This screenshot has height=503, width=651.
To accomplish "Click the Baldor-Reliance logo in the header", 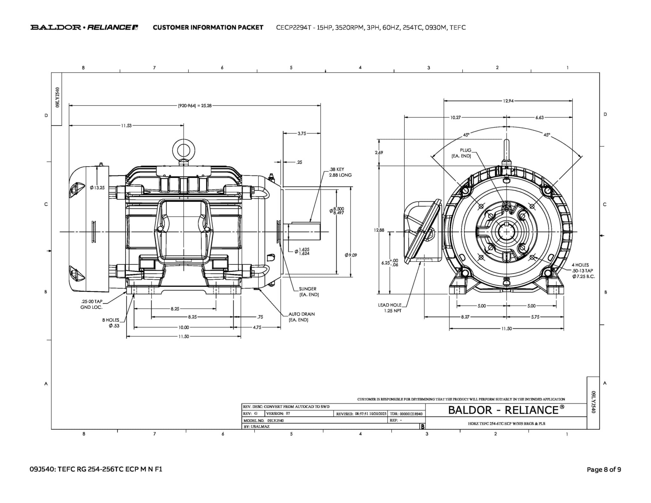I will [x=84, y=27].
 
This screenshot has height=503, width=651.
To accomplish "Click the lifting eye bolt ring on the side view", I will [x=183, y=150].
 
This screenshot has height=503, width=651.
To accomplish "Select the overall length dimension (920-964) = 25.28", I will [x=195, y=106].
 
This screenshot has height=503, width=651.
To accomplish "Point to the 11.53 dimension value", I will [x=126, y=126].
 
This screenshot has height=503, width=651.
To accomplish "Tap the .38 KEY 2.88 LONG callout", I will [x=340, y=172].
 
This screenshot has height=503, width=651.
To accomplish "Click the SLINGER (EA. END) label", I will [x=308, y=292].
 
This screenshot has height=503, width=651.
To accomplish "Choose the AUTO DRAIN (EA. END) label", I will [x=301, y=317].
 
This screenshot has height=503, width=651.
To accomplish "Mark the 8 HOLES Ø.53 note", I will [x=111, y=323].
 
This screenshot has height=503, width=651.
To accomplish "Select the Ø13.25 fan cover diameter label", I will [x=97, y=188].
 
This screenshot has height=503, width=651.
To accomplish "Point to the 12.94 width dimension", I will [x=508, y=101].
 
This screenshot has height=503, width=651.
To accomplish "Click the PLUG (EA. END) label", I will [x=462, y=153].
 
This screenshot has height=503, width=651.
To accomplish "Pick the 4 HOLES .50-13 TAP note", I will [x=583, y=271].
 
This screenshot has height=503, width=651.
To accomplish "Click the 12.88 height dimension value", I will [x=379, y=230].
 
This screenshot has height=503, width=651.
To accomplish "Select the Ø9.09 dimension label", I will [x=351, y=255].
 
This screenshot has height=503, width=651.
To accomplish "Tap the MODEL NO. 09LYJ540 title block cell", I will [x=264, y=420].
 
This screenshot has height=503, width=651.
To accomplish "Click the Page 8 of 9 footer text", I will [x=604, y=469].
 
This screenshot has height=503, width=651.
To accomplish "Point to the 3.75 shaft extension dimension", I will [x=302, y=134].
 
